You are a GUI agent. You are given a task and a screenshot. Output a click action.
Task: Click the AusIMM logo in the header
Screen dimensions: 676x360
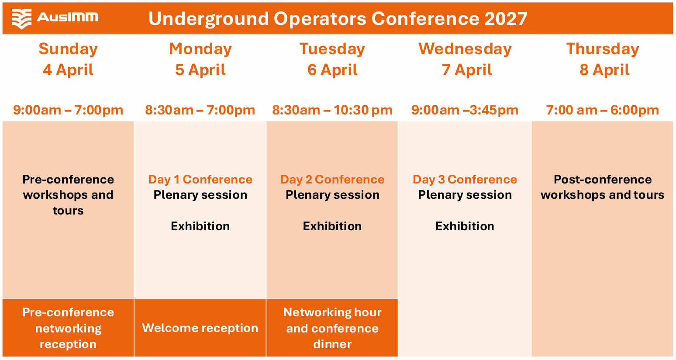(x=55, y=19)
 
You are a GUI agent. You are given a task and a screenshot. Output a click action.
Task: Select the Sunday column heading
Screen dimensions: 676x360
(x=68, y=49)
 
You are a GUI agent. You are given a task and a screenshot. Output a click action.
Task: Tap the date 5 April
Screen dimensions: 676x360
(x=200, y=70)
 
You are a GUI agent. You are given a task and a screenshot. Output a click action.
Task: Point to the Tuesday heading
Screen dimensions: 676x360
(x=332, y=49)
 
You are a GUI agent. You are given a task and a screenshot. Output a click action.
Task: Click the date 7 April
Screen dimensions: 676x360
(x=466, y=70)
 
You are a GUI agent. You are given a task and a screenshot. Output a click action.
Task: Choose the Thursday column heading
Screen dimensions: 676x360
(x=603, y=49)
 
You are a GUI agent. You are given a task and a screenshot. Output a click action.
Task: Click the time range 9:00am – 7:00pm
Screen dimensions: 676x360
(x=68, y=110)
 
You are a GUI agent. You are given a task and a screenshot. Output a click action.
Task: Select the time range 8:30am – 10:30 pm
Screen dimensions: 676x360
(x=332, y=110)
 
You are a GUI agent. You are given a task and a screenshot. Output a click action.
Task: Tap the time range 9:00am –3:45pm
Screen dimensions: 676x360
(x=465, y=110)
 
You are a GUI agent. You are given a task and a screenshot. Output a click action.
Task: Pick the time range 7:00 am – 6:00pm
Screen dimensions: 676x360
(x=603, y=110)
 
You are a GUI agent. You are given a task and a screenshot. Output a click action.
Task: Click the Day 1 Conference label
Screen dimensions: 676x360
(x=200, y=180)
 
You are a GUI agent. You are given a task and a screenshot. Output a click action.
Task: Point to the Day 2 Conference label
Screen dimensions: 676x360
(x=332, y=180)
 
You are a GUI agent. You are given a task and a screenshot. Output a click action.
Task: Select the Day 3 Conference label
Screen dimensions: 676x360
(x=465, y=180)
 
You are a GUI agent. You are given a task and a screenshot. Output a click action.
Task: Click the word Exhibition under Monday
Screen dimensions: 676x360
(x=200, y=226)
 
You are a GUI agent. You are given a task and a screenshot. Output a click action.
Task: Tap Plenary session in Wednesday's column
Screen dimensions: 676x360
(x=465, y=195)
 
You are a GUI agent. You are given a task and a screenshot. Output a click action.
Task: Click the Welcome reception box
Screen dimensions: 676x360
(x=200, y=328)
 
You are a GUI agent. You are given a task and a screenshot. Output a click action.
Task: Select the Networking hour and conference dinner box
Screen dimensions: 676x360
(x=332, y=328)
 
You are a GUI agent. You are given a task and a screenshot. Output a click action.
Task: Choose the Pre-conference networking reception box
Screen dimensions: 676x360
(x=68, y=328)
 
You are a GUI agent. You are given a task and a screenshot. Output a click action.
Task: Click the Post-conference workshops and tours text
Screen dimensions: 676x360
(x=603, y=187)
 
